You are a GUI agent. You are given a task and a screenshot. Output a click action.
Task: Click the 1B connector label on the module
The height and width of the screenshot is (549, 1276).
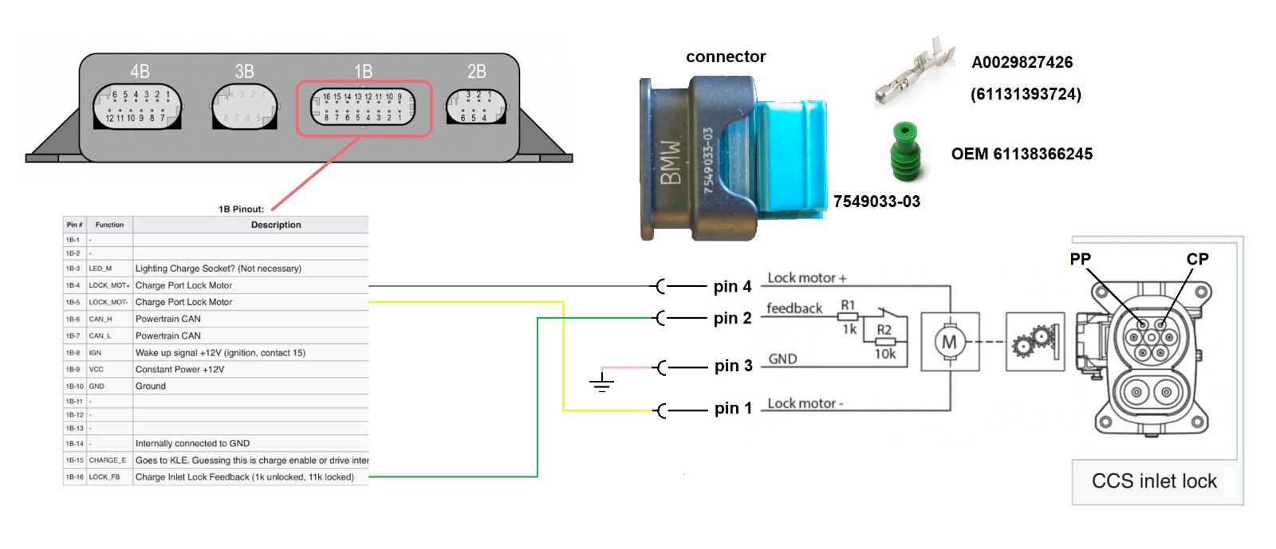click(363, 72)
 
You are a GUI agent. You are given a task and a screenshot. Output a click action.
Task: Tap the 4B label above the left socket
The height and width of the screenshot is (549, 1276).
click(140, 72)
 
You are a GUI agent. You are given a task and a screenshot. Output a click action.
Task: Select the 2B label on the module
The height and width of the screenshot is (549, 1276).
click(476, 72)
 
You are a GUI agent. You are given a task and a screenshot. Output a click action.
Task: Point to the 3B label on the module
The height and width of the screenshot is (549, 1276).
click(244, 72)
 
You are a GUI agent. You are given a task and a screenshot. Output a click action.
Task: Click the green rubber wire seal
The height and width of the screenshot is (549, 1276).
click(907, 151)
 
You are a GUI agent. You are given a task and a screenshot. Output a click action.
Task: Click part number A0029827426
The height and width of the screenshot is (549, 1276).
click(1022, 62)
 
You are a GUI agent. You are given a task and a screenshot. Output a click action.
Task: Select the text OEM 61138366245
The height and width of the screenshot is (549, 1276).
click(1022, 154)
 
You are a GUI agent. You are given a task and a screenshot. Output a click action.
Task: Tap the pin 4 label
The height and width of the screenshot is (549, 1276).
click(732, 286)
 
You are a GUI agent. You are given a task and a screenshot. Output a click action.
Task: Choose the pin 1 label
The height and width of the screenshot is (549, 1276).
click(733, 409)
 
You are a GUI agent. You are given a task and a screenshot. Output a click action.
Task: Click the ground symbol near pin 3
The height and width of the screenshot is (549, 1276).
click(602, 383)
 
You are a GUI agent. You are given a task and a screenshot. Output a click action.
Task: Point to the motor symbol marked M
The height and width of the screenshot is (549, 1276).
click(949, 342)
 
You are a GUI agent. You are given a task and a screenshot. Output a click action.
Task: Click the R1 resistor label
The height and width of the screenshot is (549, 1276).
click(848, 305)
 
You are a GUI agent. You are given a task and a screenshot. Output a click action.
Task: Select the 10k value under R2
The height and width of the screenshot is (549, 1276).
click(885, 354)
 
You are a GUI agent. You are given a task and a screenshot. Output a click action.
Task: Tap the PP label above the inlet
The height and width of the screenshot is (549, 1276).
click(1080, 259)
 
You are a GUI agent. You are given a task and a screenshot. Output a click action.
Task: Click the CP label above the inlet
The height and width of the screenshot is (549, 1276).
click(1197, 259)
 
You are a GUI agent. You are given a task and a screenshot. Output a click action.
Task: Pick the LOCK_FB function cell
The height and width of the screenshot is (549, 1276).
click(104, 477)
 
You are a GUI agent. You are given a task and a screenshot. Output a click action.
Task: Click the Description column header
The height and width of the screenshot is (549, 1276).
click(276, 225)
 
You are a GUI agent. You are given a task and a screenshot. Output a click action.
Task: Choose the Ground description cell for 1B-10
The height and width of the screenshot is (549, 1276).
click(151, 386)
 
